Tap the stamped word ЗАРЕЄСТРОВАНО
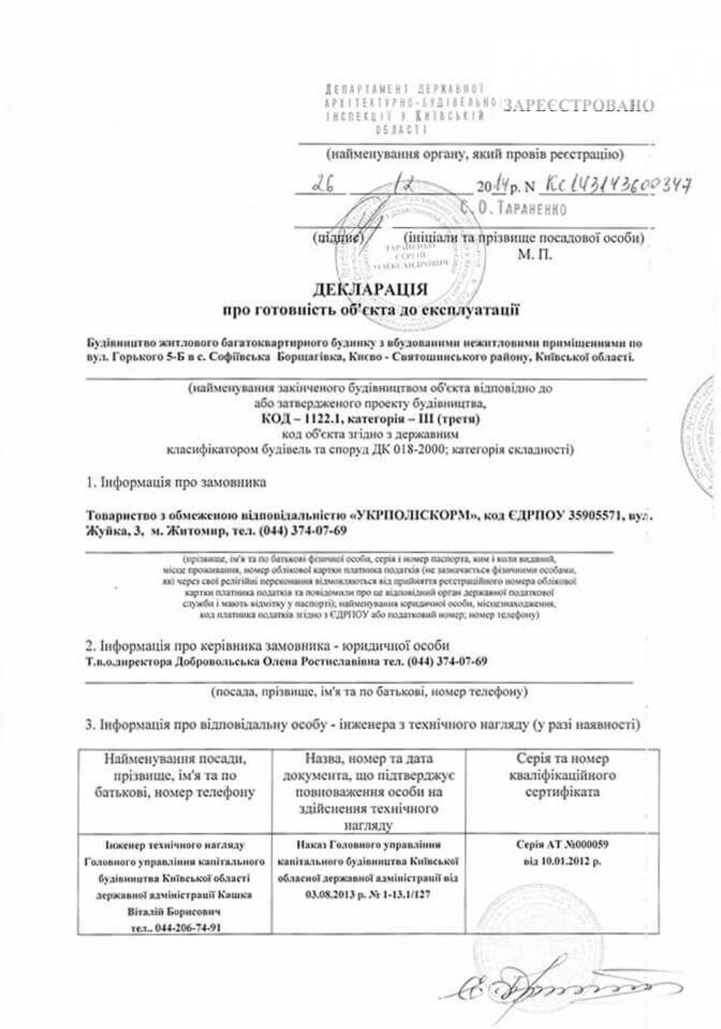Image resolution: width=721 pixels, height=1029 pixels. (578, 105)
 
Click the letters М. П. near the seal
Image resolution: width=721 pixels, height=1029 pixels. (535, 254)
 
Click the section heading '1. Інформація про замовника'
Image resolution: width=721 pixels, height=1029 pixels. (177, 482)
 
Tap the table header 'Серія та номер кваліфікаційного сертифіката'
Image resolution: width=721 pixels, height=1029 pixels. (562, 775)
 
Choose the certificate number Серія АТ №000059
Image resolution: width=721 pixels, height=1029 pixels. (562, 844)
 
